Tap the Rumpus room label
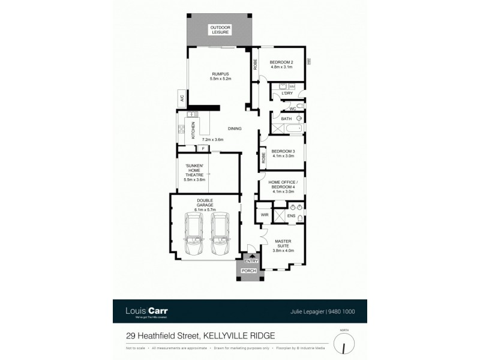pyautogui.click(x=220, y=76)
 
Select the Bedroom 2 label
pyautogui.click(x=281, y=64)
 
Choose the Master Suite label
pyautogui.click(x=283, y=246)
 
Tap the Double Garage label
pyautogui.click(x=205, y=203)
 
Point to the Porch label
pyautogui.click(x=248, y=271)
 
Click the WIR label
pyautogui.click(x=264, y=215)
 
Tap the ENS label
pyautogui.click(x=291, y=215)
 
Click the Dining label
pyautogui.click(x=235, y=128)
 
